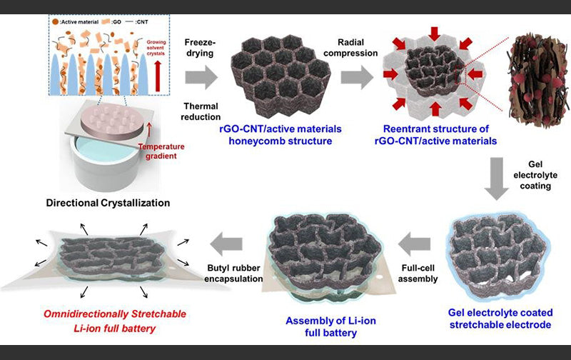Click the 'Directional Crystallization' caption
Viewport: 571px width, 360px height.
click(108, 203)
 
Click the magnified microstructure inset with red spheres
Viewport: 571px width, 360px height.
click(537, 79)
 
